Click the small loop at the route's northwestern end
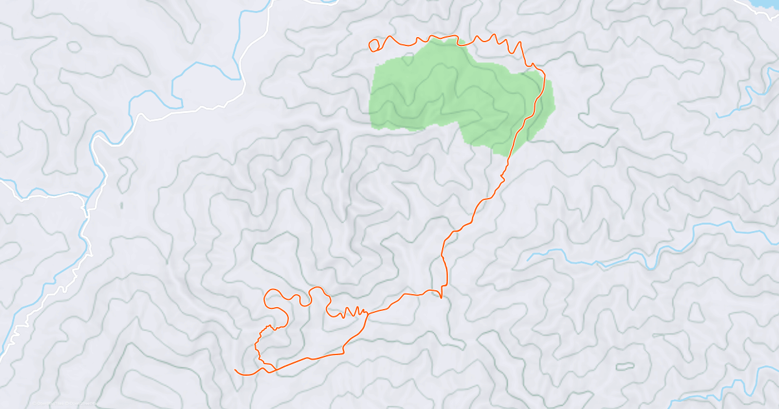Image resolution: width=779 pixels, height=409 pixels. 373,45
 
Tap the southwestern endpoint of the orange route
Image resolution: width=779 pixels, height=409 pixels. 235,370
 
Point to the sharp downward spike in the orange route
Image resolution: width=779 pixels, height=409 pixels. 441,296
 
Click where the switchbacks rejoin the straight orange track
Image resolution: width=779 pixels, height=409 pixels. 367,313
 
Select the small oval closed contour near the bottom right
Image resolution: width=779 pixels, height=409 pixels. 624,366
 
